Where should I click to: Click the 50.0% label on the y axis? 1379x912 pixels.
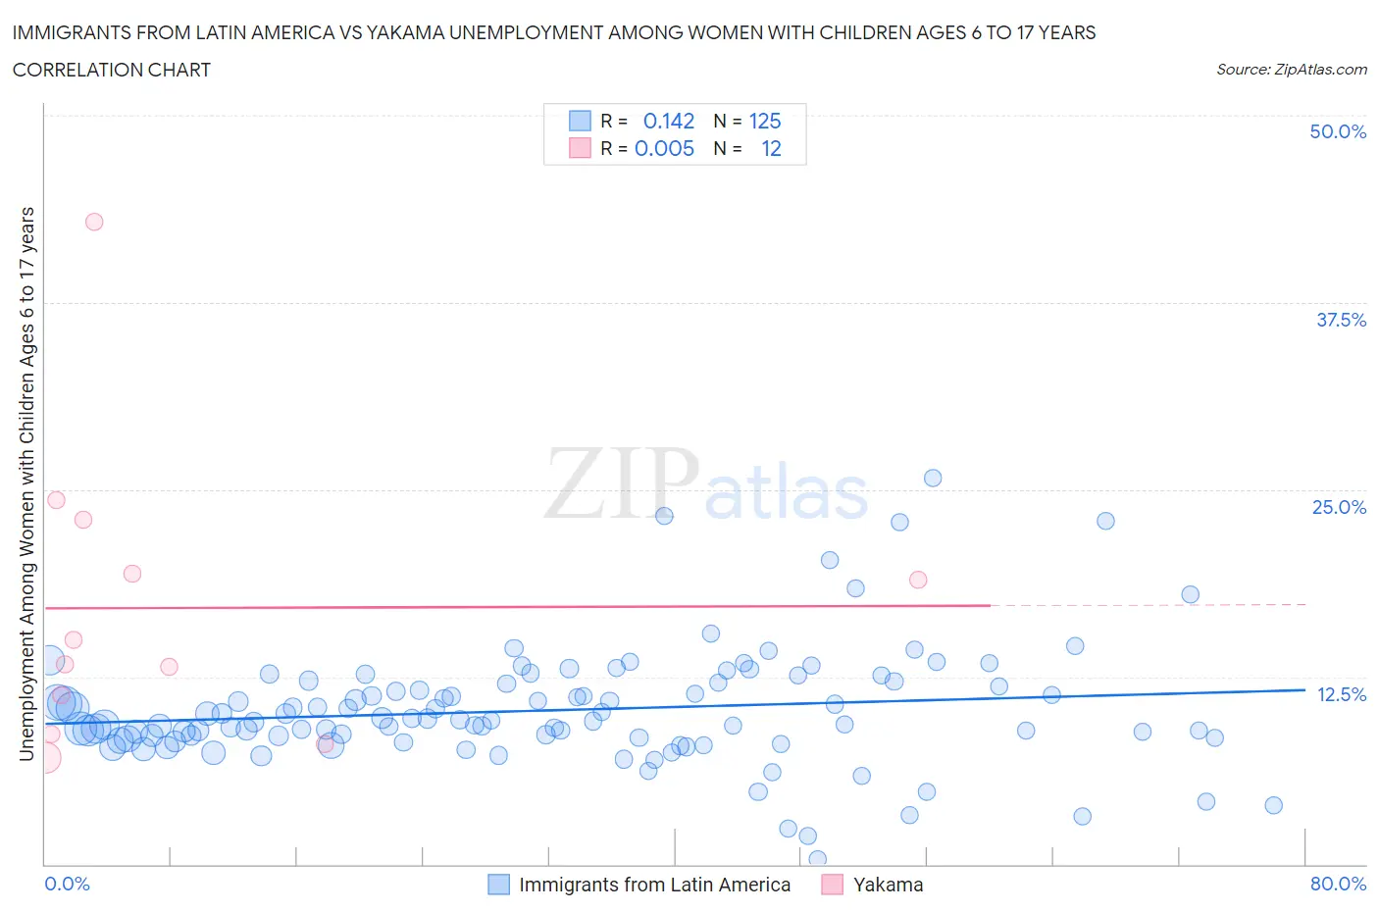(1337, 131)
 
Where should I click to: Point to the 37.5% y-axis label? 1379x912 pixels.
(1340, 320)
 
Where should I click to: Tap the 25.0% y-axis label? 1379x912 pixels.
(1338, 507)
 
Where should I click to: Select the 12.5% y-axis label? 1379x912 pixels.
(1341, 694)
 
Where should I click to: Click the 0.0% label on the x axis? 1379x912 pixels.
(67, 884)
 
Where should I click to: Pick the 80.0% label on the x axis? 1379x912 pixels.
(1337, 884)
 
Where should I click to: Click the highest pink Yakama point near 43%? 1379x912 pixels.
(94, 222)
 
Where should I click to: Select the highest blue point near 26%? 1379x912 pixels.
(933, 478)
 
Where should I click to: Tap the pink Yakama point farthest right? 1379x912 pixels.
(918, 580)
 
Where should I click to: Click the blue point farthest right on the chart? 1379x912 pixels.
(1273, 805)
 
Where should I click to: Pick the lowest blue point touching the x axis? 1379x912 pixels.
(817, 859)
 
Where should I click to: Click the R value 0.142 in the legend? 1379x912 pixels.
(668, 121)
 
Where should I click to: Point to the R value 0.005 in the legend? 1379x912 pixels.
(664, 148)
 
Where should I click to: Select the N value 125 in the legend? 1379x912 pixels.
(765, 121)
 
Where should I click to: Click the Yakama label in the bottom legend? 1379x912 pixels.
(888, 885)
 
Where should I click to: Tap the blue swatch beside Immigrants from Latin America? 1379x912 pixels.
(498, 885)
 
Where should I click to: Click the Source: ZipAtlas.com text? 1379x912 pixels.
(1291, 69)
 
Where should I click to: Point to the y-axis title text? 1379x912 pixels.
(26, 483)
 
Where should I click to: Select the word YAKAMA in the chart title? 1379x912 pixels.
(404, 32)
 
